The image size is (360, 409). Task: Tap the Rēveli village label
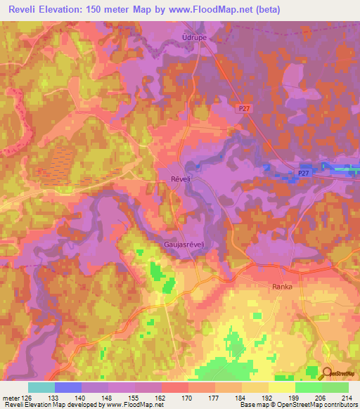pos(181,179)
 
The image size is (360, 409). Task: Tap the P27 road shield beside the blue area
pos(303,173)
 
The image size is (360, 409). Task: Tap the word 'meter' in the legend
pos(10,396)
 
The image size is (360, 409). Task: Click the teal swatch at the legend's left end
pos(41,387)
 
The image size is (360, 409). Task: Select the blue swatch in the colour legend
pos(67,387)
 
